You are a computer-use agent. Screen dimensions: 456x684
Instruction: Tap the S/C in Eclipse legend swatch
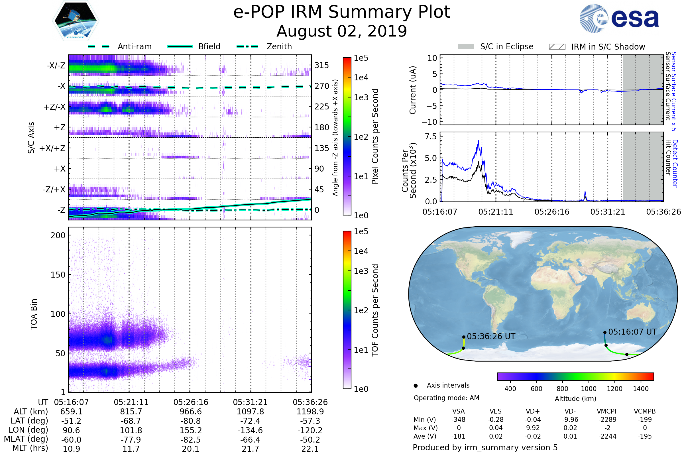coord(466,47)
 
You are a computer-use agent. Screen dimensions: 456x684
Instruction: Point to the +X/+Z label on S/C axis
coord(52,148)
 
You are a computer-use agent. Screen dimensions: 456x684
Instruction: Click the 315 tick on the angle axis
coord(322,65)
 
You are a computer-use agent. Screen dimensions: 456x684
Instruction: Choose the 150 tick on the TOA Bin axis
coord(58,275)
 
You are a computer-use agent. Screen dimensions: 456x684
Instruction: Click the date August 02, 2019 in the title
coord(342,31)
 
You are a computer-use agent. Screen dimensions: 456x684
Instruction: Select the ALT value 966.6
coord(190,412)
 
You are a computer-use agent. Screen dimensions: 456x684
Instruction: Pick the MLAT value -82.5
coord(190,440)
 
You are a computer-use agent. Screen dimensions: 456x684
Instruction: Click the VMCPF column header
coord(607,412)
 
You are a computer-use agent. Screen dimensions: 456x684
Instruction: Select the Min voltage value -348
coord(458,420)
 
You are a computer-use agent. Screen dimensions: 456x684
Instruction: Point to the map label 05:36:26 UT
coord(491,337)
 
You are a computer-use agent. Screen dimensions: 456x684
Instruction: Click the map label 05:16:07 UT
coord(632,332)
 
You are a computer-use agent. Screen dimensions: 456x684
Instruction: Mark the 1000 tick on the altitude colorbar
coord(589,389)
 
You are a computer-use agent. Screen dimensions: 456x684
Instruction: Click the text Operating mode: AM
coord(446,398)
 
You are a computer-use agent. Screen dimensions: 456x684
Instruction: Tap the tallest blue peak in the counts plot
coord(479,141)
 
